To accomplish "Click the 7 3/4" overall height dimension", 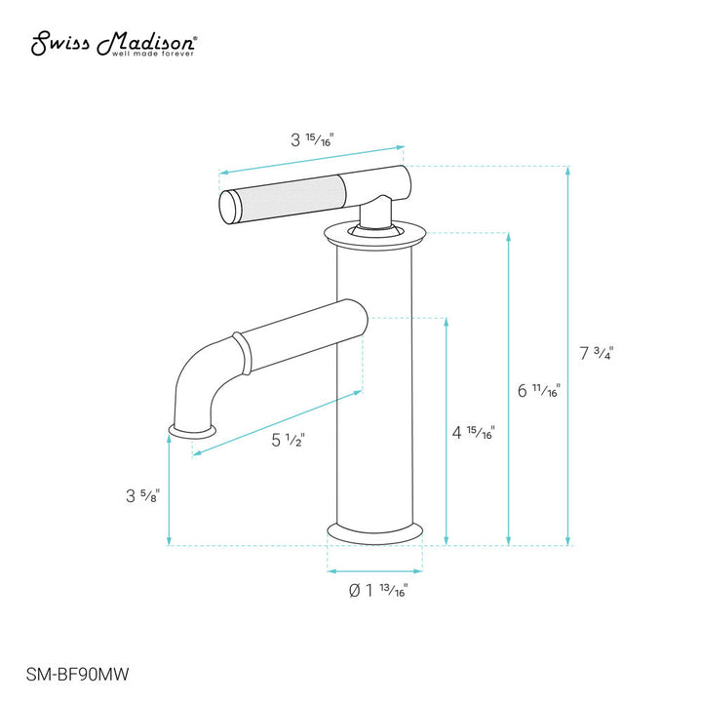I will tap(596, 353).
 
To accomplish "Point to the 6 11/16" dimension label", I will tap(538, 391).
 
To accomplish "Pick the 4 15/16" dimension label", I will tap(476, 432).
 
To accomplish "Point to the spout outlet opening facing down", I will tap(193, 430).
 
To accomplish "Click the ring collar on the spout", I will tap(236, 354).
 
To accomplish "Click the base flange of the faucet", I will tap(375, 532).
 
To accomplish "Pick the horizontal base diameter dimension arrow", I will tap(374, 570).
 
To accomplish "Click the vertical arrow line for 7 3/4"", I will tap(568, 356).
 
